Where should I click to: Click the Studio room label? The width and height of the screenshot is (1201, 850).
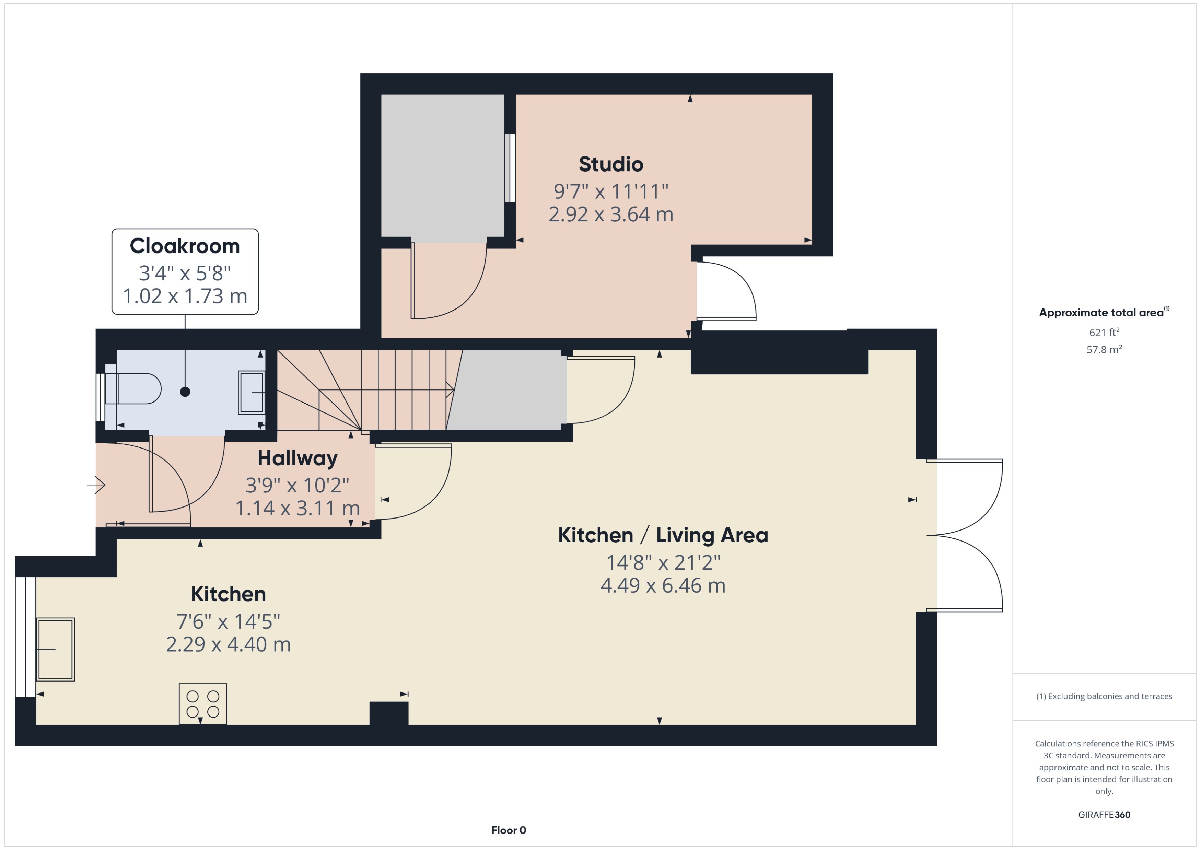[611, 164]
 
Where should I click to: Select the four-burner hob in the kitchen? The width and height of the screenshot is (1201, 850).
[202, 703]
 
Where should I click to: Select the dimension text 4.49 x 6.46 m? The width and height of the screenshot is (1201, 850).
[663, 585]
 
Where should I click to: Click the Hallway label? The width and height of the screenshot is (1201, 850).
[297, 458]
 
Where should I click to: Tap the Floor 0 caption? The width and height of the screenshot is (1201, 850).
[508, 830]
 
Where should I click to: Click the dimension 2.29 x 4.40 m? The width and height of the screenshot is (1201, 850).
[228, 644]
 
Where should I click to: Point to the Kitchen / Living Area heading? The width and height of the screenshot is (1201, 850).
[663, 535]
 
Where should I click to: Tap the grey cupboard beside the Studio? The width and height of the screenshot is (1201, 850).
[442, 167]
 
